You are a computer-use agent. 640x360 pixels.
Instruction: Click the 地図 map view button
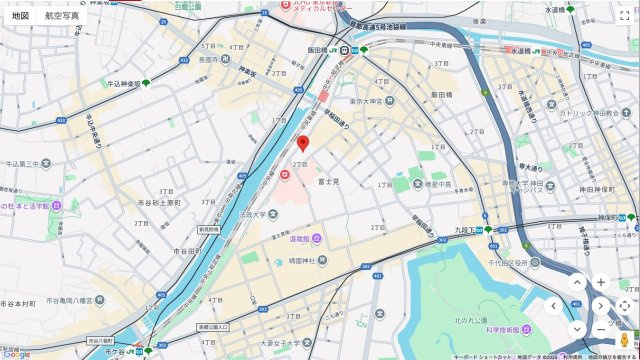(x=20, y=16)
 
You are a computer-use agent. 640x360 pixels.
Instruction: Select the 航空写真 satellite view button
(x=62, y=16)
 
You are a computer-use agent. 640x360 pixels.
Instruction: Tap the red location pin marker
(x=303, y=144)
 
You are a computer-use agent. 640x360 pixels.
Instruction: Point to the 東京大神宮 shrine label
(x=368, y=100)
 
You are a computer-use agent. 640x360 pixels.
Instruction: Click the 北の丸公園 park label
(x=471, y=319)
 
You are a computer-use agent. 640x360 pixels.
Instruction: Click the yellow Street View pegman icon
(x=624, y=340)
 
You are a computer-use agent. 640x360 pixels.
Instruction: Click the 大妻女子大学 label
(x=277, y=345)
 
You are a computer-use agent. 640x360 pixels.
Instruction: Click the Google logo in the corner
(x=16, y=353)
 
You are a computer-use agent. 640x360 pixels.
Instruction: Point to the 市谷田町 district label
(x=186, y=251)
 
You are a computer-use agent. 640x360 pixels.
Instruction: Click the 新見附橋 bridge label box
(x=208, y=229)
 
